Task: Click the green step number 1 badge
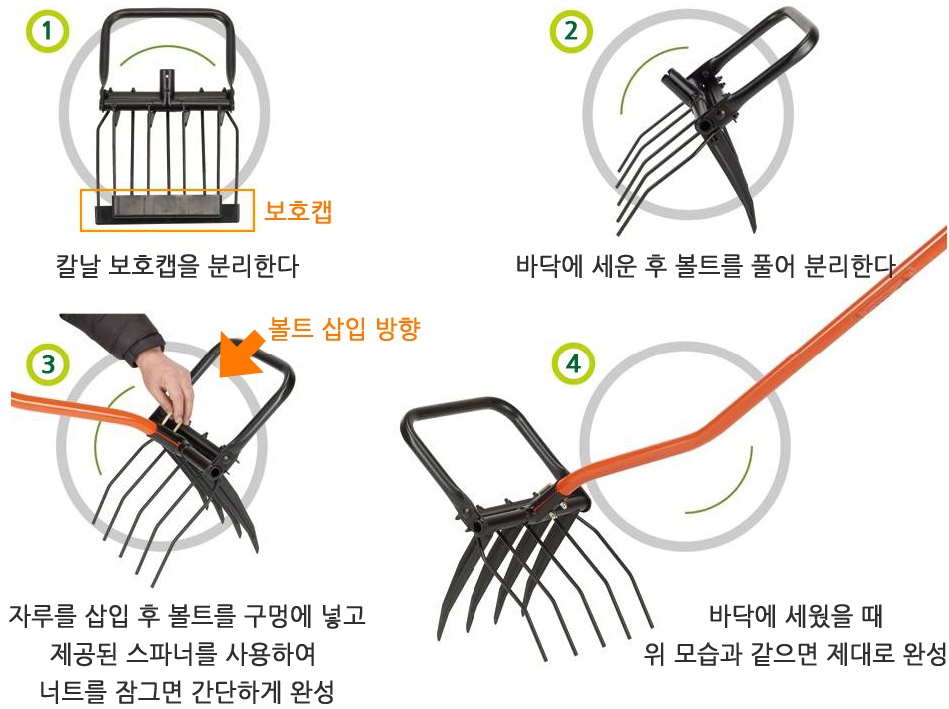click(47, 30)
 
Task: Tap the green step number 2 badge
click(571, 31)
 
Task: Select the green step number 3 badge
click(48, 364)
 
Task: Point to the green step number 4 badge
click(573, 363)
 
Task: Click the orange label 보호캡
click(298, 211)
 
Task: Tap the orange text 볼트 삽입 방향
click(344, 329)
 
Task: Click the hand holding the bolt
click(167, 384)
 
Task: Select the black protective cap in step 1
click(167, 210)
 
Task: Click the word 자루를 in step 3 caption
click(42, 615)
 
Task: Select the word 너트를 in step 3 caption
click(73, 691)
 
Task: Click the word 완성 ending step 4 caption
click(925, 653)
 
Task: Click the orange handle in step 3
click(85, 407)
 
